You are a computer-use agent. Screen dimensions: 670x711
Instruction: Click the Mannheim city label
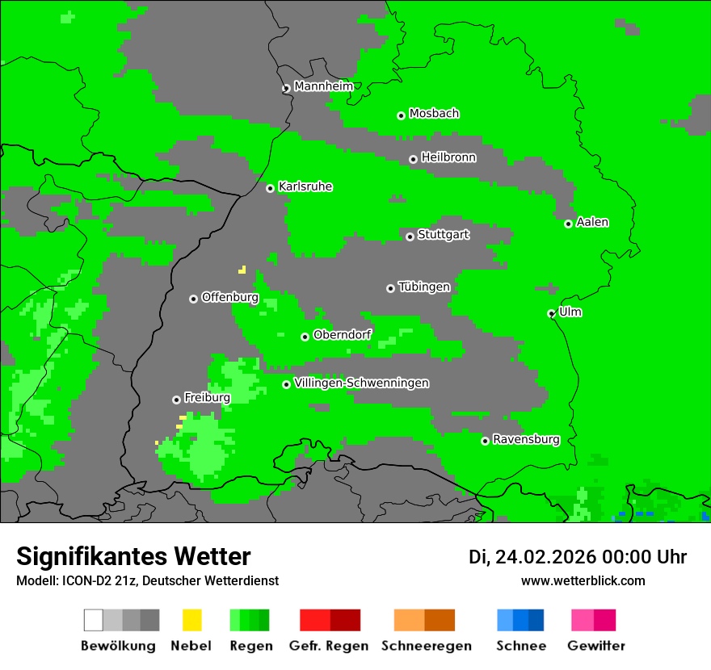pos(324,86)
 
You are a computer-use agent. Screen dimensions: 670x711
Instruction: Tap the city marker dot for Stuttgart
pos(410,237)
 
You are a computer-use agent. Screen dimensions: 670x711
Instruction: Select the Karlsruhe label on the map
pos(305,186)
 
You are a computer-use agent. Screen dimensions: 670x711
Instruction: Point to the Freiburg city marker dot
pos(176,400)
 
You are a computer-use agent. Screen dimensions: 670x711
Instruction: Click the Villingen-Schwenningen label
pos(361,383)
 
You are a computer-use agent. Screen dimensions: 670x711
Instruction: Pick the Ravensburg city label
pos(526,439)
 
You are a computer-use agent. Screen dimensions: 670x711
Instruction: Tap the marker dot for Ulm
pos(552,313)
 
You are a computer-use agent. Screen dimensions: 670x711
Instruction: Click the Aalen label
pos(592,222)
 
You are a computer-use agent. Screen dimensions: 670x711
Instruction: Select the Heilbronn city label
pos(448,157)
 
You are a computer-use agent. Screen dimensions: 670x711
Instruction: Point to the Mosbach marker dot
pos(401,115)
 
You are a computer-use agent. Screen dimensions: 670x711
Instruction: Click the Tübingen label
pos(424,287)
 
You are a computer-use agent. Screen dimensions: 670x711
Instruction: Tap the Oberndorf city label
pos(343,335)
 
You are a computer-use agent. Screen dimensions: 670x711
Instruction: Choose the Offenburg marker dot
pos(193,299)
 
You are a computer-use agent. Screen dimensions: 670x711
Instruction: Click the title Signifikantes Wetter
pos(133,556)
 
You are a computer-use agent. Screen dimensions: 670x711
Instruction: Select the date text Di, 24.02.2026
pos(528,557)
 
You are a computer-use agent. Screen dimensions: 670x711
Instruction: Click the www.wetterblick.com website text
pos(583,580)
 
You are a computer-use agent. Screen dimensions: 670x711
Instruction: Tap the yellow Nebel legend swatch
pos(191,620)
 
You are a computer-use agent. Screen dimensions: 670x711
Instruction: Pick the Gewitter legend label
pos(595,646)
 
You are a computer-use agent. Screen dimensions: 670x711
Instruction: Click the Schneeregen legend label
pos(426,646)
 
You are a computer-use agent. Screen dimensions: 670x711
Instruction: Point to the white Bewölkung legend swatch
pos(94,620)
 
